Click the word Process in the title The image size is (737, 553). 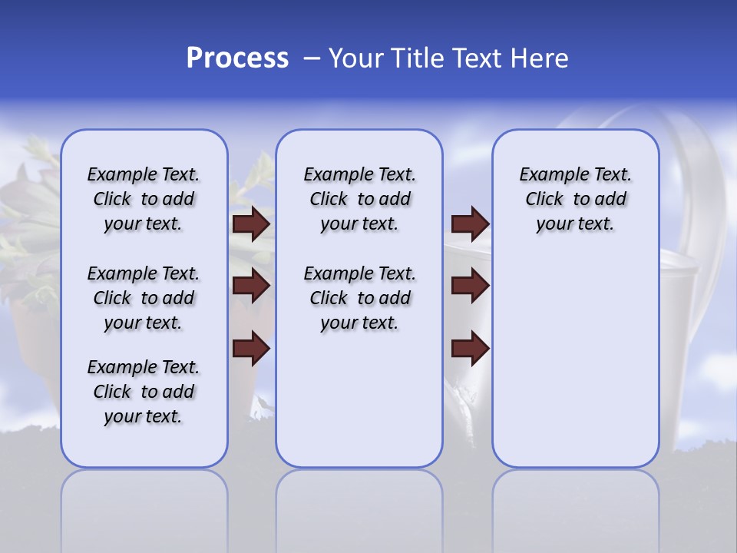pyautogui.click(x=237, y=58)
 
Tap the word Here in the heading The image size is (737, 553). pyautogui.click(x=539, y=58)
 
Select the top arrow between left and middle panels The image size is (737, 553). pyautogui.click(x=251, y=224)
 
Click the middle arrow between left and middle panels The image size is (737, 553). pyautogui.click(x=251, y=286)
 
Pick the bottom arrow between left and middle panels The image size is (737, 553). pyautogui.click(x=251, y=349)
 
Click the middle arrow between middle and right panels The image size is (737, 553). pyautogui.click(x=470, y=286)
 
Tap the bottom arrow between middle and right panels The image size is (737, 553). pyautogui.click(x=470, y=349)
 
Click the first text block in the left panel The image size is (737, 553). pyautogui.click(x=144, y=200)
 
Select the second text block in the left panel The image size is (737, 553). pyautogui.click(x=144, y=298)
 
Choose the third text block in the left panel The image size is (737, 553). pyautogui.click(x=144, y=392)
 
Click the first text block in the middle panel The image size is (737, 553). pyautogui.click(x=359, y=200)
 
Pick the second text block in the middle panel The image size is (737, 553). pyautogui.click(x=359, y=298)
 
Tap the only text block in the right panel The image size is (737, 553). pyautogui.click(x=575, y=200)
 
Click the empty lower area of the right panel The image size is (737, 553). pyautogui.click(x=575, y=361)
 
